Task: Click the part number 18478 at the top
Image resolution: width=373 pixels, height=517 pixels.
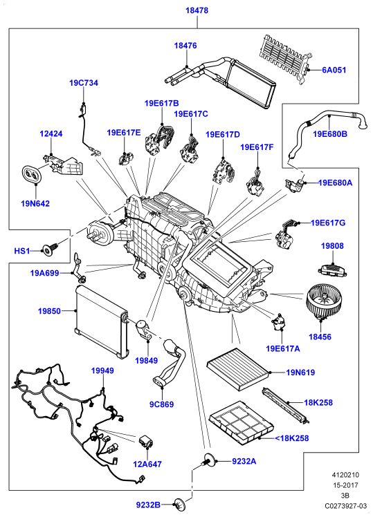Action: click(x=197, y=10)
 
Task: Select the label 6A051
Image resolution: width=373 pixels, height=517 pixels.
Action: click(x=334, y=70)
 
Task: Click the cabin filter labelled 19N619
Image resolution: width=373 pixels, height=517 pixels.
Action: click(x=238, y=369)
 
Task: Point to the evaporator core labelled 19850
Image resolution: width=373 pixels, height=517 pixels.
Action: click(x=100, y=321)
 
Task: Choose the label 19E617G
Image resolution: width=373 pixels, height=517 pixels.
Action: click(x=328, y=223)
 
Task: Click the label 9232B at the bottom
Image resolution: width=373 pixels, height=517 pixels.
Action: click(x=148, y=505)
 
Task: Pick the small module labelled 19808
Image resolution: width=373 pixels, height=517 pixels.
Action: click(x=332, y=269)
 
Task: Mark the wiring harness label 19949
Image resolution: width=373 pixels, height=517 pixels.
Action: click(x=102, y=370)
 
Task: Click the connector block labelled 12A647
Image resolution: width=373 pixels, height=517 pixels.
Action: click(x=145, y=442)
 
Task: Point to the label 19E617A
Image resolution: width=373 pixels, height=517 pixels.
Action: click(x=283, y=348)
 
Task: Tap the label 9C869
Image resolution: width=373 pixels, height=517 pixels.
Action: click(x=161, y=404)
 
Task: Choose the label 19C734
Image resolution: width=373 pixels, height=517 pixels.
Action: click(x=84, y=83)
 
